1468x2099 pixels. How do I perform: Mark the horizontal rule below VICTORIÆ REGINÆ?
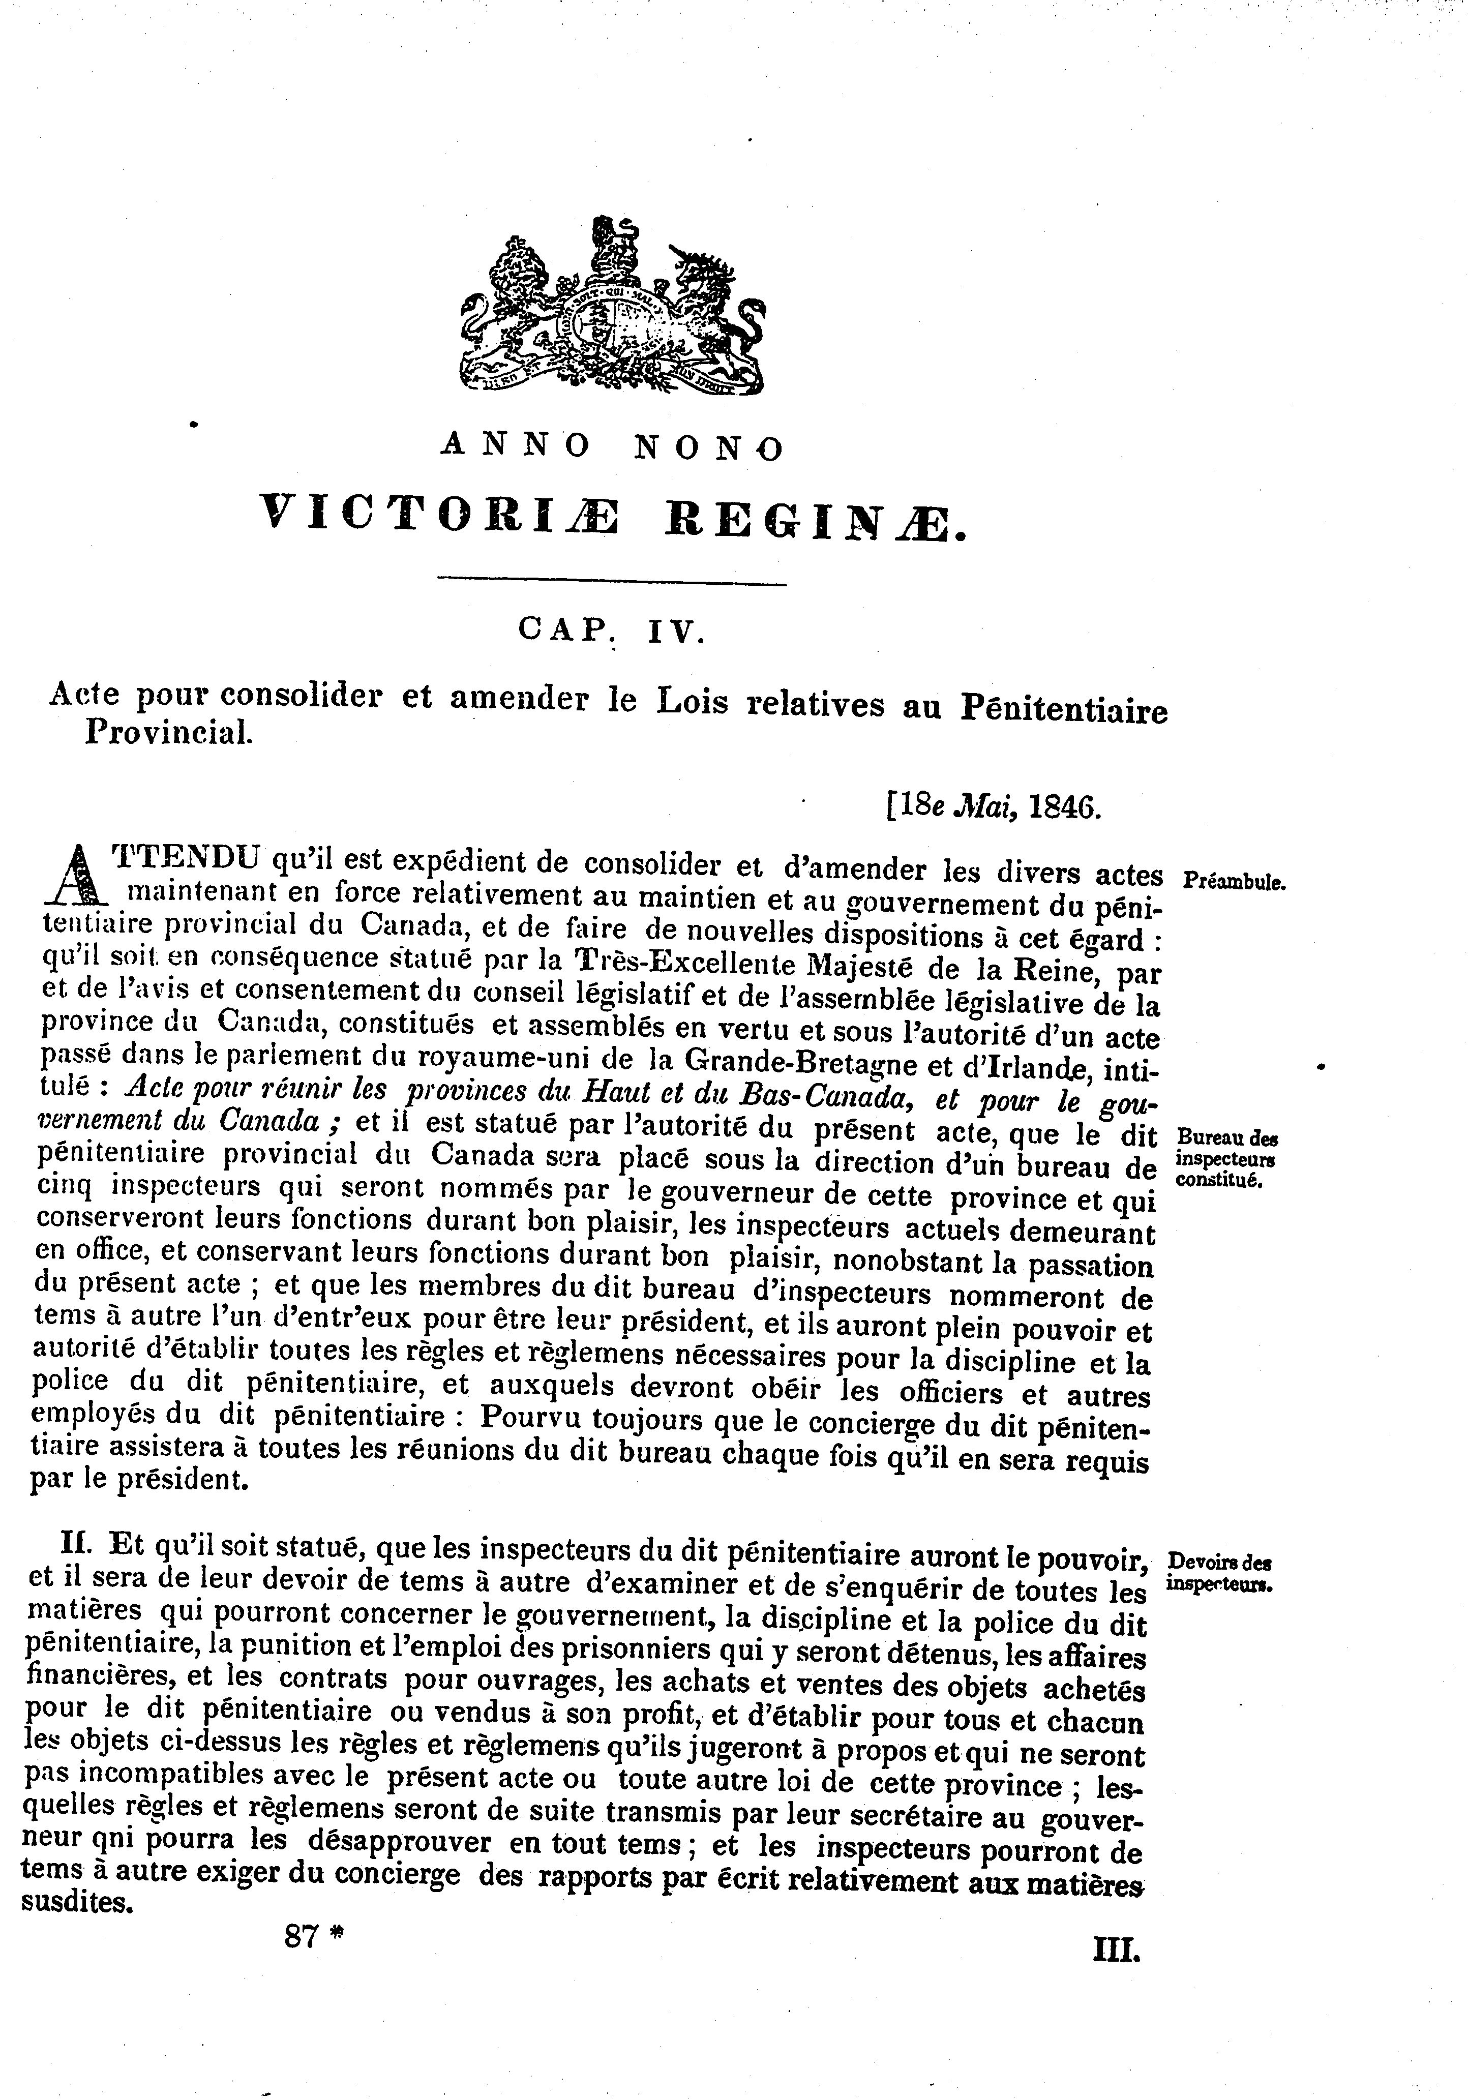pos(612,583)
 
